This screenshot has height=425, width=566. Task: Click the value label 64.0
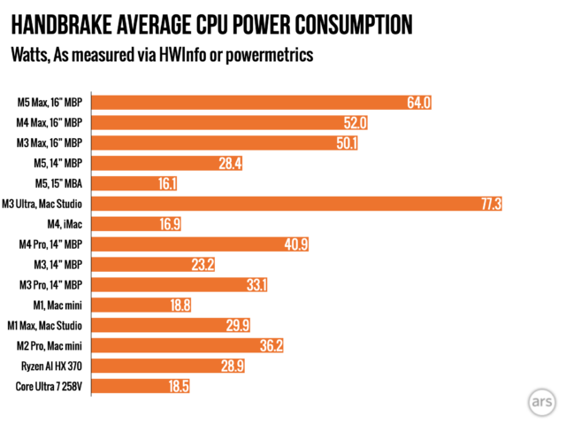point(418,102)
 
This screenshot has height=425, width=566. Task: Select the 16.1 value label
point(166,183)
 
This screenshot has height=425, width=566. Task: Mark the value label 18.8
point(179,305)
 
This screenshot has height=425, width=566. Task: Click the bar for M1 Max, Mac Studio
point(168,325)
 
